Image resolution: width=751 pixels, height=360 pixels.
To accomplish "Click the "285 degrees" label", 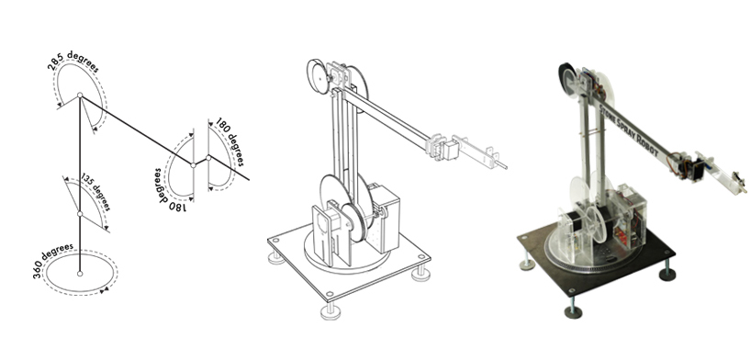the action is [73, 61].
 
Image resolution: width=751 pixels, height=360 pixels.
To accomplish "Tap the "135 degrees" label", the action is [95, 191].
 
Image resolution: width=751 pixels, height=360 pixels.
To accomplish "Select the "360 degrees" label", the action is [53, 261].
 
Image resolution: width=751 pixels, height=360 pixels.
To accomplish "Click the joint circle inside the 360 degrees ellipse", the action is [80, 274].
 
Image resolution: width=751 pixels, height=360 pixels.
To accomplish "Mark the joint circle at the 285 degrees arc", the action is [80, 95].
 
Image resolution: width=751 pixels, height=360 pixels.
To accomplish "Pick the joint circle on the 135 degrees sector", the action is [80, 214].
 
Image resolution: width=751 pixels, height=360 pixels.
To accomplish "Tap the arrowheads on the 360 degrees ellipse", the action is [104, 290].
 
